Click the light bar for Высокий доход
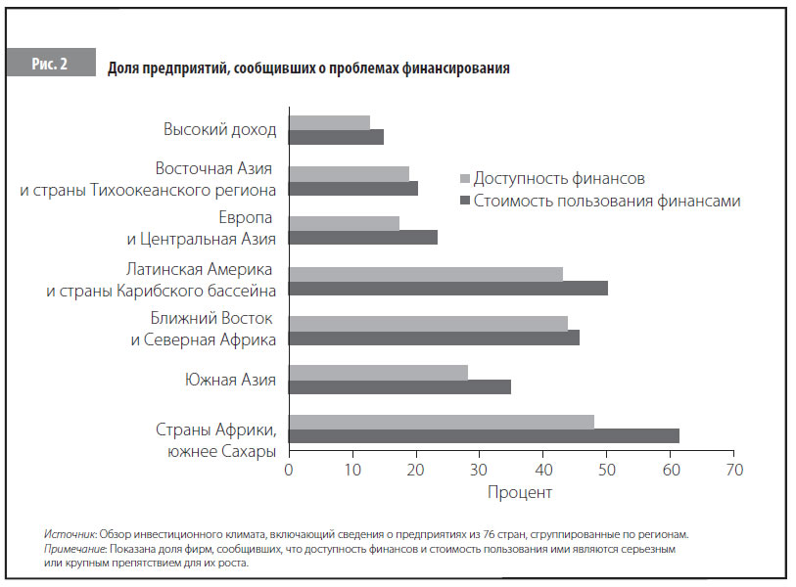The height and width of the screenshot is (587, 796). [329, 122]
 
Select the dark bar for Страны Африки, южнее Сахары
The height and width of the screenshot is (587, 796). [484, 436]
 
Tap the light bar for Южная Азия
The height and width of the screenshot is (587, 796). [378, 372]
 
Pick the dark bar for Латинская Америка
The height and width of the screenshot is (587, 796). [448, 288]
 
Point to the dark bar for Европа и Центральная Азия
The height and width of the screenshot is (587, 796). [362, 238]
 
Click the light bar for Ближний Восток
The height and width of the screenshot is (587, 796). [428, 323]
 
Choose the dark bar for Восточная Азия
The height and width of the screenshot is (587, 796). [353, 189]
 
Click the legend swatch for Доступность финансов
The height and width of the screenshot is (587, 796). [465, 179]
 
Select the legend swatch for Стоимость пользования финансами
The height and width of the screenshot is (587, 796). [465, 202]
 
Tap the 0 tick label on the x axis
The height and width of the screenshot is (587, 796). [289, 468]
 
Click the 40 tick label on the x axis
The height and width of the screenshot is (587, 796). [542, 468]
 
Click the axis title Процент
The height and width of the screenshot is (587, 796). [520, 492]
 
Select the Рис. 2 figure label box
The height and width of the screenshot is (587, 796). [50, 63]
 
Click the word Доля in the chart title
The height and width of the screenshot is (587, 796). [124, 68]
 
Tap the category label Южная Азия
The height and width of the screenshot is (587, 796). [231, 379]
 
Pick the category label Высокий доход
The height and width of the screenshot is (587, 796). [220, 129]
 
